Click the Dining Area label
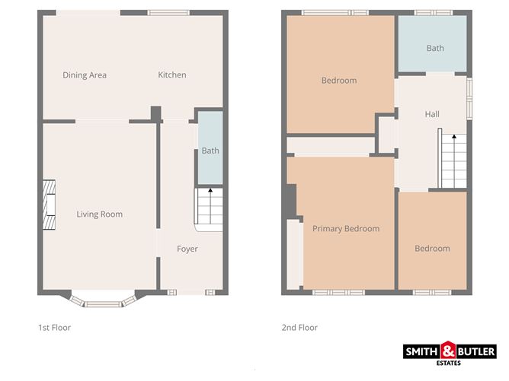click(x=85, y=75)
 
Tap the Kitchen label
click(x=172, y=75)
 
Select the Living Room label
click(x=100, y=214)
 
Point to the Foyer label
click(x=187, y=249)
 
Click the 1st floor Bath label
click(x=210, y=151)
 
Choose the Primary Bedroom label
click(x=346, y=228)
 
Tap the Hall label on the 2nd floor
click(x=432, y=114)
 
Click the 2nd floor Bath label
click(x=435, y=49)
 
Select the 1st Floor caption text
click(x=54, y=328)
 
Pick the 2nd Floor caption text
click(x=299, y=328)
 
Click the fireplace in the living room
click(x=50, y=205)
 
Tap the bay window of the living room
click(x=101, y=302)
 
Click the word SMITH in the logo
click(x=421, y=351)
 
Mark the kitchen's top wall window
click(x=169, y=12)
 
